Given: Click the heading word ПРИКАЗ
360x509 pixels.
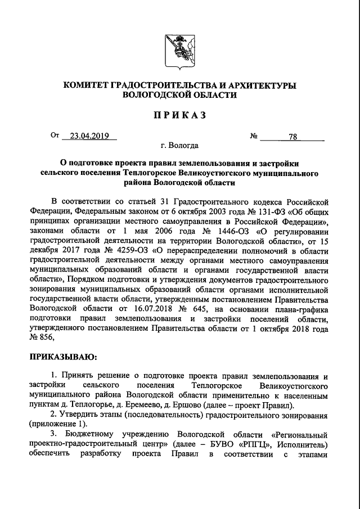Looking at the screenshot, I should (x=179, y=115).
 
